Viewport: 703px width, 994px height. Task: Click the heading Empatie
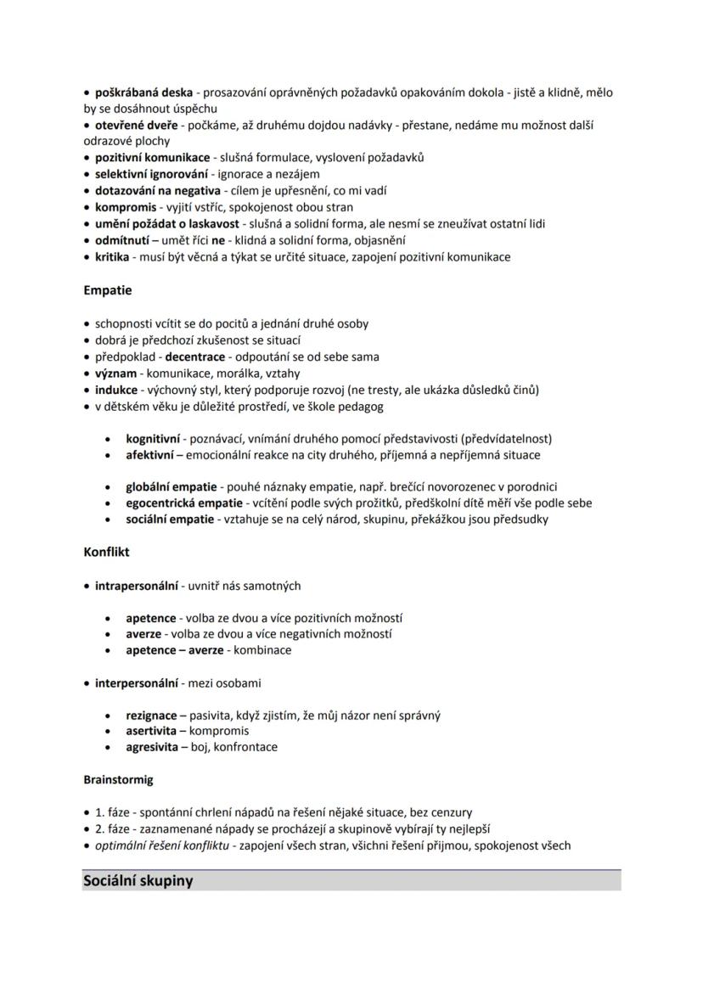click(x=107, y=290)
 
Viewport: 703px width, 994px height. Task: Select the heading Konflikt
click(x=106, y=552)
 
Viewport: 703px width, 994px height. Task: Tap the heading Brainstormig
click(x=118, y=779)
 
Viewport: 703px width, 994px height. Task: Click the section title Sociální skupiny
click(x=138, y=880)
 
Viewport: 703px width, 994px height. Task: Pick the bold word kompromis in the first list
click(x=126, y=207)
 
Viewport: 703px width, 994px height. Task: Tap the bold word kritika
click(x=112, y=257)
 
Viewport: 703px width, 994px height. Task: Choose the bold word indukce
click(x=115, y=390)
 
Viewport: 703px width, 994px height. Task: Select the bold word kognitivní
click(x=153, y=439)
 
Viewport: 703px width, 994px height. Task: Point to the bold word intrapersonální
click(x=136, y=586)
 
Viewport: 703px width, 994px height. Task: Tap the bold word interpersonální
click(x=136, y=683)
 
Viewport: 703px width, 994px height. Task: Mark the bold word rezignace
click(x=151, y=716)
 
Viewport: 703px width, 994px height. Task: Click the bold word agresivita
click(x=152, y=747)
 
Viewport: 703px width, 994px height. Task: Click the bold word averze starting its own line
click(x=143, y=633)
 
